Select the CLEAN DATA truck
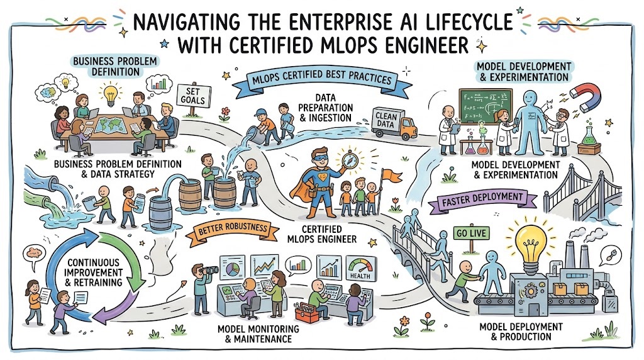point(394,123)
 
